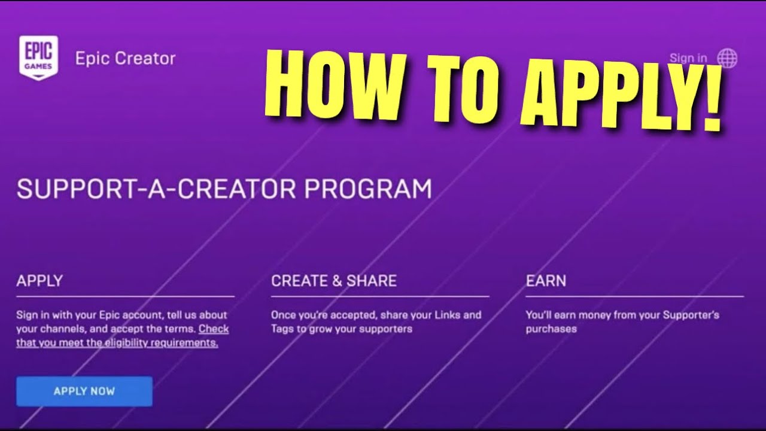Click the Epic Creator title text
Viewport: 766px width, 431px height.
click(125, 59)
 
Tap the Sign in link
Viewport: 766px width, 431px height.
click(688, 58)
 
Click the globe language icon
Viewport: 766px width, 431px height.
click(727, 58)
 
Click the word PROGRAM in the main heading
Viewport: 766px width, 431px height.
click(367, 189)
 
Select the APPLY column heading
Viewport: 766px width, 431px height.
click(39, 281)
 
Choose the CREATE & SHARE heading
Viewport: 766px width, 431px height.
click(334, 281)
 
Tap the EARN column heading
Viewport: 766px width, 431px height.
click(546, 281)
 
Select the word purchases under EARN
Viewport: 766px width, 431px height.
click(551, 329)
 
